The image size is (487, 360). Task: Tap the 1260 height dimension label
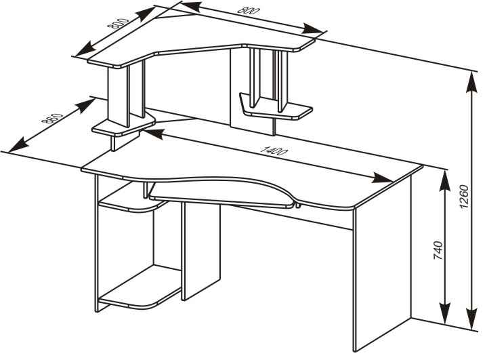(x=463, y=197)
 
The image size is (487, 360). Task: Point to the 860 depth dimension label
(x=52, y=119)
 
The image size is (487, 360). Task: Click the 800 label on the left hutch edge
(x=118, y=23)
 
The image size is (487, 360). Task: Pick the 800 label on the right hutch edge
(x=249, y=10)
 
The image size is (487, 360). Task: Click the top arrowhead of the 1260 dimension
(x=472, y=82)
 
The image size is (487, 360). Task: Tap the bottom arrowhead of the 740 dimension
(x=446, y=313)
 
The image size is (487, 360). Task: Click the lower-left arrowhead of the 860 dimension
(x=19, y=145)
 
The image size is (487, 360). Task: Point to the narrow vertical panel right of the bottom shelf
(x=201, y=251)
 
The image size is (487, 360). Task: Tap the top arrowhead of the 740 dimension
(x=446, y=181)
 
